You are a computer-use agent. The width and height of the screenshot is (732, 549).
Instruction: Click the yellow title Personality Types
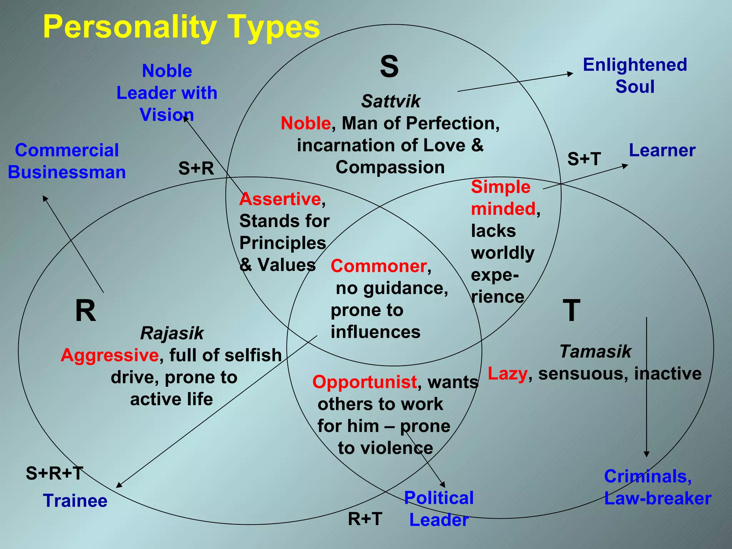(181, 27)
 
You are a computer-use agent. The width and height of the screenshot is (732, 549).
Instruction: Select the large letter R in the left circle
(85, 311)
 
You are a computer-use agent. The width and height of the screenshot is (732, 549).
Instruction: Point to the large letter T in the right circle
(571, 311)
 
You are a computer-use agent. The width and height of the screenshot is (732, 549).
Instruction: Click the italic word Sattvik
(391, 101)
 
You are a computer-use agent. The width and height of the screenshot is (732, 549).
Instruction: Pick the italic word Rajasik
(172, 333)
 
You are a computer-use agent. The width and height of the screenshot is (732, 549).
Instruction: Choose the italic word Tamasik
(595, 351)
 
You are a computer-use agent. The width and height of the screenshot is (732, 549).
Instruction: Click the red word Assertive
(280, 199)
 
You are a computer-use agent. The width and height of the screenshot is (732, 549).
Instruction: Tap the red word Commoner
(379, 266)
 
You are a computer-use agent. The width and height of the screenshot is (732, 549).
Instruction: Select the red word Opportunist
(365, 382)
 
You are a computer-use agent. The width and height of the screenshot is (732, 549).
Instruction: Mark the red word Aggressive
(110, 355)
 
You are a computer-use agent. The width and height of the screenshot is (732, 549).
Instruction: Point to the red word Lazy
(508, 374)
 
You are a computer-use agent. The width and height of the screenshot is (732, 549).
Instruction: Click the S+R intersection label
(196, 168)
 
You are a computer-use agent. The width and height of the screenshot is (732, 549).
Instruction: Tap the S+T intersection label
(584, 159)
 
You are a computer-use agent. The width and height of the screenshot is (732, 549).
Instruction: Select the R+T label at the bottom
(365, 519)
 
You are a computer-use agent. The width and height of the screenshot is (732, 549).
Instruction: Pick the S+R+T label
(55, 473)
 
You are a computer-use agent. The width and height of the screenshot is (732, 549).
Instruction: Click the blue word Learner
(662, 150)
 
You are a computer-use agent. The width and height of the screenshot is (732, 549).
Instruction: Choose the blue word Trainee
(75, 501)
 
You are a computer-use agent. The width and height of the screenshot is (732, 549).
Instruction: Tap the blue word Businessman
(67, 172)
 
